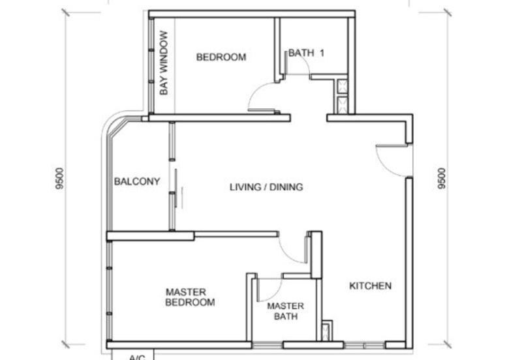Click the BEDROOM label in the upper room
pyautogui.click(x=221, y=57)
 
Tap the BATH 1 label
pyautogui.click(x=306, y=53)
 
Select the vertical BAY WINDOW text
pyautogui.click(x=164, y=63)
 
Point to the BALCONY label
pyautogui.click(x=137, y=181)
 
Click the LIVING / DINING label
pyautogui.click(x=266, y=187)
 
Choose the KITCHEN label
pyautogui.click(x=370, y=286)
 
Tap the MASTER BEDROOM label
pyautogui.click(x=190, y=297)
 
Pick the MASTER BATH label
pyautogui.click(x=285, y=310)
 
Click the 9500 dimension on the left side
pyautogui.click(x=59, y=179)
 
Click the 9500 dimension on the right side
pyautogui.click(x=442, y=179)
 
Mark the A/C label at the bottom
pyautogui.click(x=137, y=357)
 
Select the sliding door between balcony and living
pyautogui.click(x=172, y=176)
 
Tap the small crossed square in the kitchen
pyautogui.click(x=327, y=331)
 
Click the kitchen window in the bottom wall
pyautogui.click(x=364, y=345)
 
